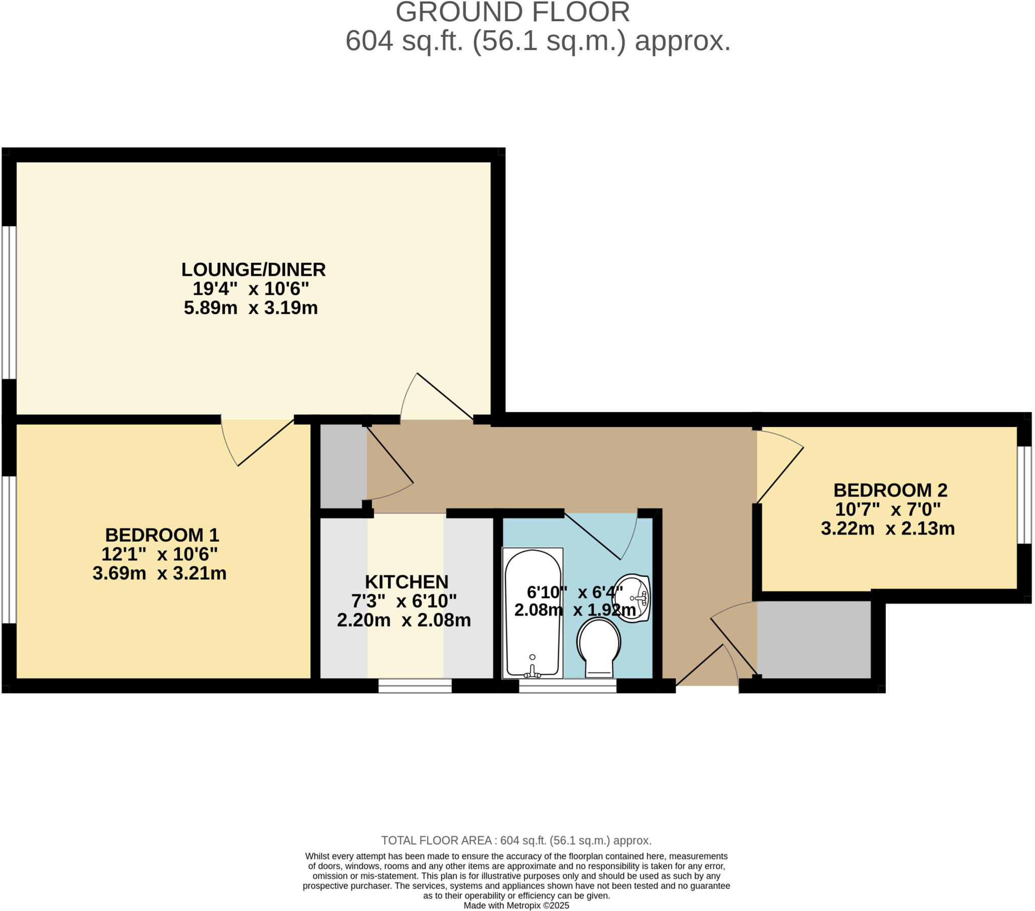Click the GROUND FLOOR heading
pos(512,12)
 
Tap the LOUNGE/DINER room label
pos(253,269)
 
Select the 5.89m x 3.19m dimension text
pos(251,308)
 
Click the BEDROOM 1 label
pos(162,535)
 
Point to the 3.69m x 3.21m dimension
pos(159,573)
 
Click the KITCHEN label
pos(407,582)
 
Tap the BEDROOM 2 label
pos(890,490)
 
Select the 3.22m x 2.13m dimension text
pos(887,529)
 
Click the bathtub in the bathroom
pos(532,613)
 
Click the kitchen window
pos(415,686)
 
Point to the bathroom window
pos(567,686)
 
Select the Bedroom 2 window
pos(1024,495)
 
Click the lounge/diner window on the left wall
pos(9,302)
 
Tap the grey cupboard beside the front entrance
pos(813,640)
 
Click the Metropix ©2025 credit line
pos(516,905)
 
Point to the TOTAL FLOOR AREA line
pos(516,841)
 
